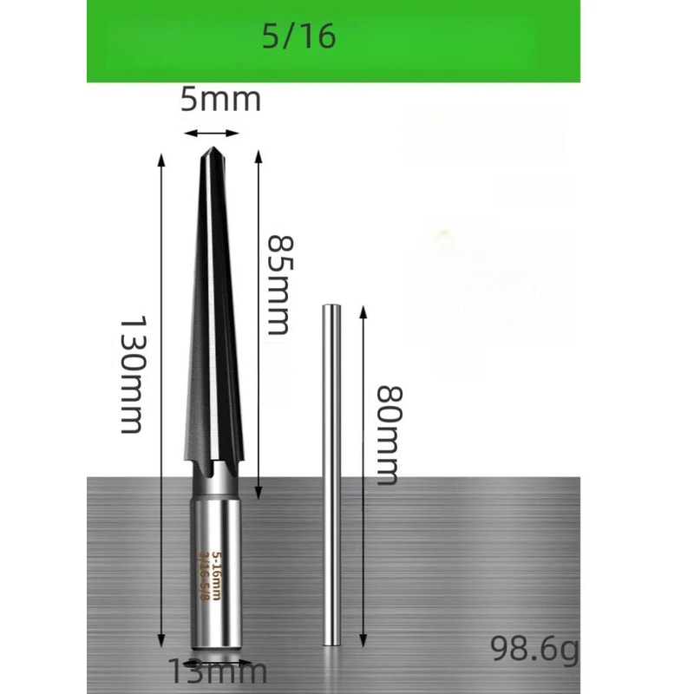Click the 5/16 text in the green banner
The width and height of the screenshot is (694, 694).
coord(298,37)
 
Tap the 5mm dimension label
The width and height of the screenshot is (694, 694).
coord(220,100)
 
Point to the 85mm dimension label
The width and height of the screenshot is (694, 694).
coord(278,283)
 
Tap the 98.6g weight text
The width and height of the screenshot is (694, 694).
coord(534,648)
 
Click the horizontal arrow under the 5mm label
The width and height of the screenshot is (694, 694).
coord(212,133)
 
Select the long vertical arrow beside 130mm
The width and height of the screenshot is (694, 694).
coord(161,400)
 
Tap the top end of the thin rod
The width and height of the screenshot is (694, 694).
coord(331,307)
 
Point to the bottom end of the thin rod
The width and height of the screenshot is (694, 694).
coord(331,642)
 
